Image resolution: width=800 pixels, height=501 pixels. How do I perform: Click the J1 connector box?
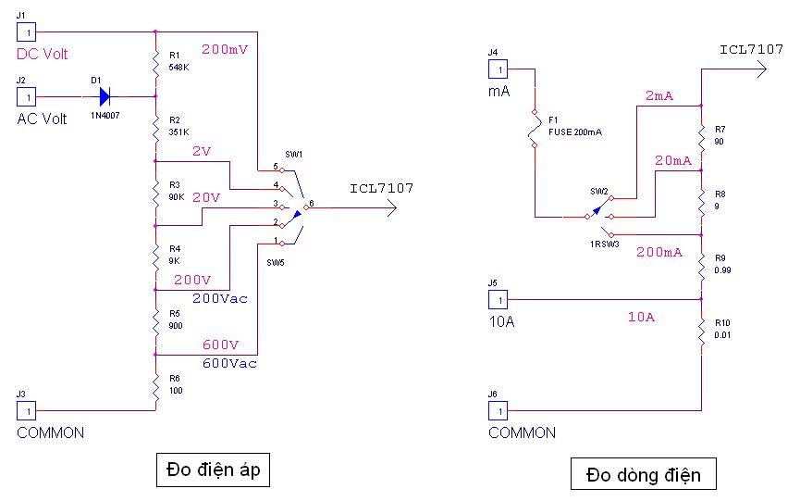(27, 32)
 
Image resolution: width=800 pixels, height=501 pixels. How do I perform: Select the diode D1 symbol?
(105, 95)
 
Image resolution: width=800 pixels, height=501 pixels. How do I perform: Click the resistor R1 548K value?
(179, 67)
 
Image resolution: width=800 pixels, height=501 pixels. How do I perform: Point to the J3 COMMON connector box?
(27, 410)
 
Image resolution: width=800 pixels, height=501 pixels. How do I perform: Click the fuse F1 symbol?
(535, 130)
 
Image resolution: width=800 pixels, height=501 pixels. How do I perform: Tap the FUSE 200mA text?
(575, 132)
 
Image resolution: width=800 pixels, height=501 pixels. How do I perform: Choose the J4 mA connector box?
(498, 69)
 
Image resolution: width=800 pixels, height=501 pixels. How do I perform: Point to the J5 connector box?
(498, 299)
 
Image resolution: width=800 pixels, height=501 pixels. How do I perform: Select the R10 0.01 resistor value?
(723, 334)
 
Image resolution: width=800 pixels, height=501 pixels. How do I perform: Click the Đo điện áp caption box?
(213, 470)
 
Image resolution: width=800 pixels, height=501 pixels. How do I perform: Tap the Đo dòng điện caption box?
(643, 475)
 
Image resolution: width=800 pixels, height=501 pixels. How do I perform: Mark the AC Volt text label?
(43, 119)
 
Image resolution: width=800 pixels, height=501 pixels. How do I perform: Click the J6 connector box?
(498, 410)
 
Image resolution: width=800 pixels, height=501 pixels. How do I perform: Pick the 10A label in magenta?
(641, 318)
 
